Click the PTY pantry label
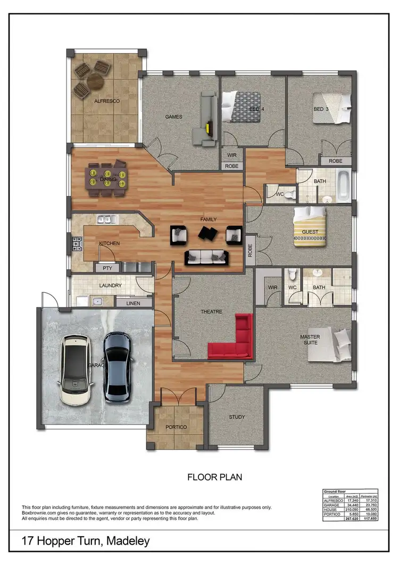107,268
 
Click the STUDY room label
236,417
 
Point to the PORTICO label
176,427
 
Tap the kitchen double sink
107,219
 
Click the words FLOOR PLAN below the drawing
214,477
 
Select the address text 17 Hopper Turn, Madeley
86,542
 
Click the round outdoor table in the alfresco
95,80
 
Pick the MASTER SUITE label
310,340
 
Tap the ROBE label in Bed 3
335,160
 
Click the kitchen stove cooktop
76,244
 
